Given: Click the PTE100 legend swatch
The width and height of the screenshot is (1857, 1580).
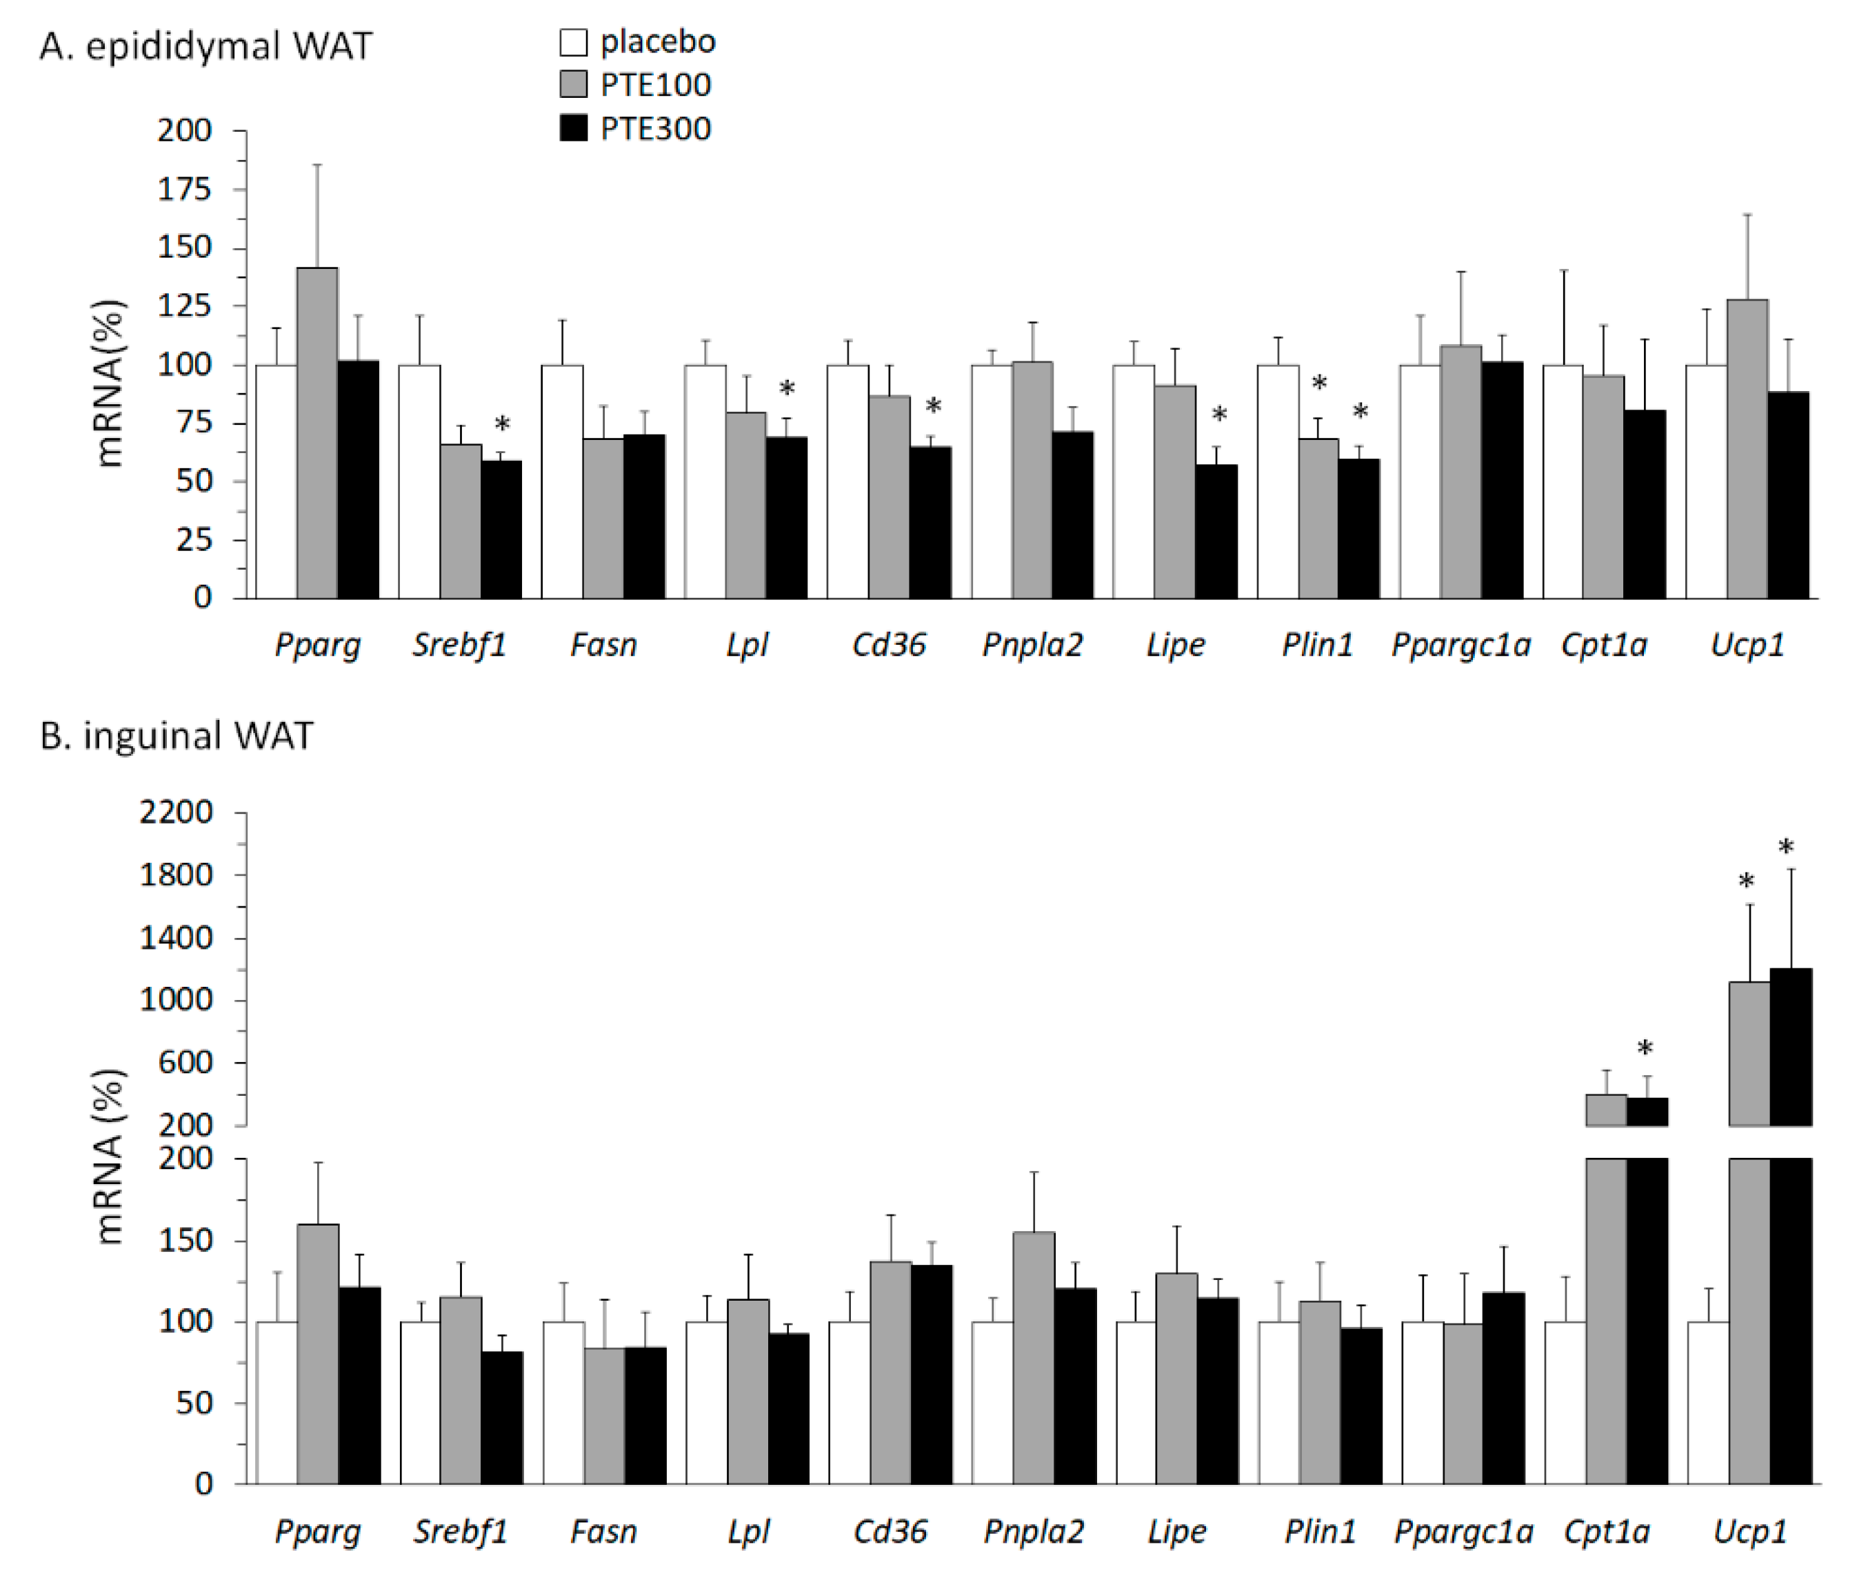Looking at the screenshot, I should (573, 84).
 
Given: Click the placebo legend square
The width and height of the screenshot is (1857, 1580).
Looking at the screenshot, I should (573, 42).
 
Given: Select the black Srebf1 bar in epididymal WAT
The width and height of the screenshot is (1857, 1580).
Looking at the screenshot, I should (501, 530).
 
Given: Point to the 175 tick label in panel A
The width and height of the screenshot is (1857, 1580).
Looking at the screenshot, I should (183, 189).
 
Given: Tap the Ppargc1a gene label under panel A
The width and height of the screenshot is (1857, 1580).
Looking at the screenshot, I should (1460, 645).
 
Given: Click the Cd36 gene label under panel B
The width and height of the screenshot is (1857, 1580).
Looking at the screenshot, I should (889, 1532).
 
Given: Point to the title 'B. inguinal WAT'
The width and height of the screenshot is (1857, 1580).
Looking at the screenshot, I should (177, 735).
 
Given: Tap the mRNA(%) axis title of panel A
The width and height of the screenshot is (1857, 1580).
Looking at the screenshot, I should (108, 383).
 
